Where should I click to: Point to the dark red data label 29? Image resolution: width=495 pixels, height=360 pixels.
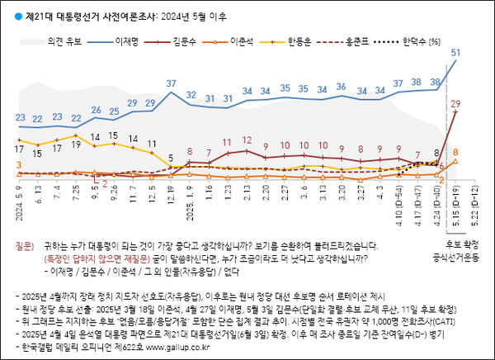[455, 102]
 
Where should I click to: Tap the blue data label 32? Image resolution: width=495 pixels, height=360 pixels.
[191, 96]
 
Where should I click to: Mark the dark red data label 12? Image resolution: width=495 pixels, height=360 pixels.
[247, 140]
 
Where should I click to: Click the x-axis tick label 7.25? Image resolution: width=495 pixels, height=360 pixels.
[77, 201]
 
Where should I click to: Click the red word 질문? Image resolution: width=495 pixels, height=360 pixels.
[25, 245]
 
